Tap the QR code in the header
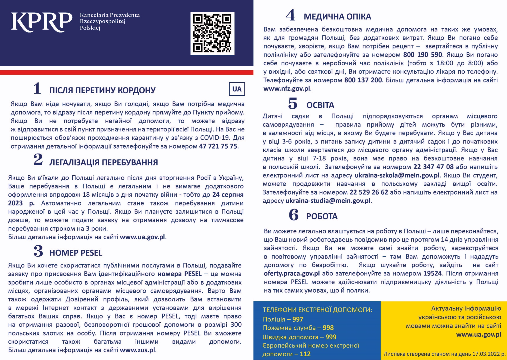pos(212,34)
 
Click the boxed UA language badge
pos(237,89)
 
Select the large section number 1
pos(37,88)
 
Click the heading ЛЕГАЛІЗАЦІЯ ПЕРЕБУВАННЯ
pos(104,162)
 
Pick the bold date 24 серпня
pos(228,195)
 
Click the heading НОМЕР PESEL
pos(76,253)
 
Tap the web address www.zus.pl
pos(138,350)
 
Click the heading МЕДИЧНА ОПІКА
pos(337,17)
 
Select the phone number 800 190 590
pos(422,55)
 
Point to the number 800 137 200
pos(363,80)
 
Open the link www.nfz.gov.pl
pos(287,89)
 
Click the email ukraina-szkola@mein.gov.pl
pos(397,175)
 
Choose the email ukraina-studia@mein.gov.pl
pos(328,201)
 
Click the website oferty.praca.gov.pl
pos(292,274)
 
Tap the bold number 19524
pos(433,274)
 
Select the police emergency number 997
pos(298,319)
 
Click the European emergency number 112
pos(305,354)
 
